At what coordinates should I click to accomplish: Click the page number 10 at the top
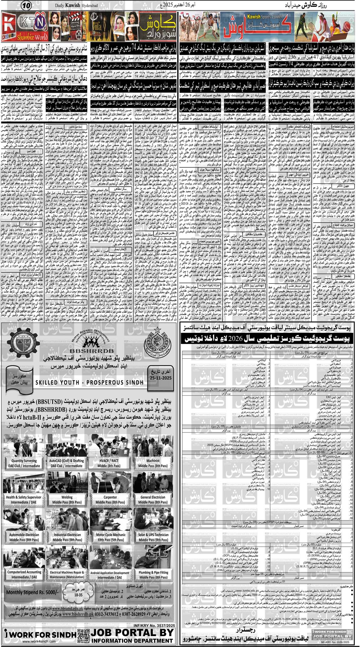point(27,5)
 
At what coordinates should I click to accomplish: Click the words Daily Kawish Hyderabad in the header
point(75,5)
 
